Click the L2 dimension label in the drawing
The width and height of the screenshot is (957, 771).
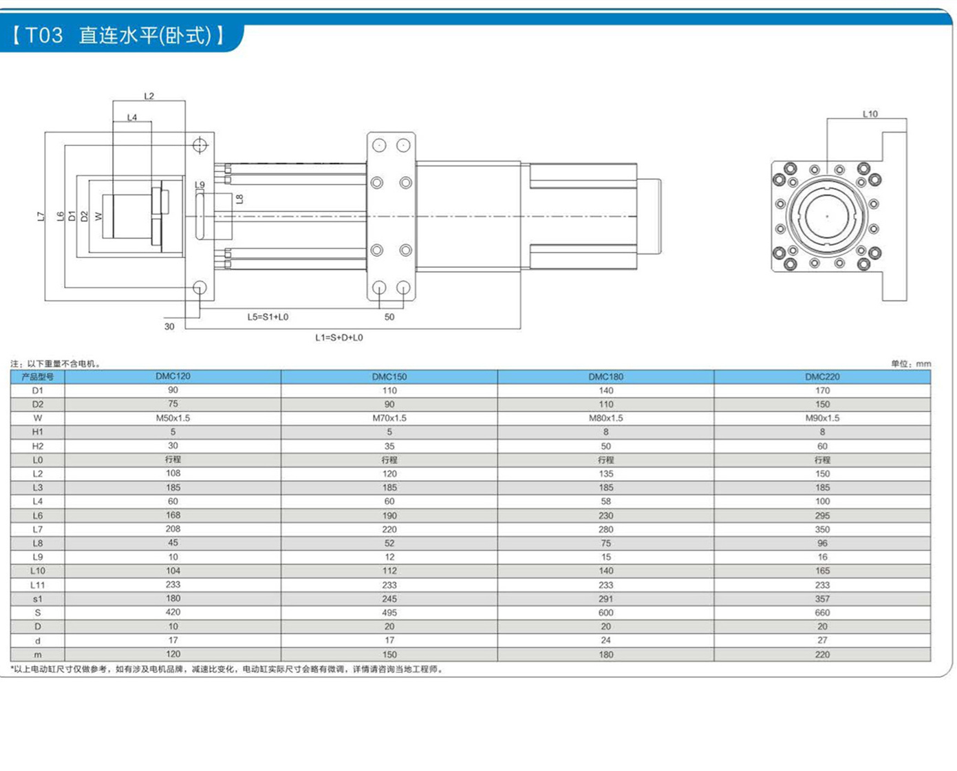(x=149, y=96)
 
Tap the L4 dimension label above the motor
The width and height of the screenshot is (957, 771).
(x=132, y=118)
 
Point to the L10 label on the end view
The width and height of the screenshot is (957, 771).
(x=870, y=113)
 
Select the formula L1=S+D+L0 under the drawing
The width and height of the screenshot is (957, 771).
(x=339, y=338)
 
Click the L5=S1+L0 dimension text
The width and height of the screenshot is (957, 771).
(x=268, y=317)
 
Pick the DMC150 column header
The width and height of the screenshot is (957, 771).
(x=389, y=377)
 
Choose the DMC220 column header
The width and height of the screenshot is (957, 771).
(x=822, y=377)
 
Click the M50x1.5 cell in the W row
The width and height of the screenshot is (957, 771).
(x=173, y=418)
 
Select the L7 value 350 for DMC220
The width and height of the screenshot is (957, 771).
(x=822, y=530)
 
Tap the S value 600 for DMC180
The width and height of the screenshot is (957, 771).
(x=605, y=613)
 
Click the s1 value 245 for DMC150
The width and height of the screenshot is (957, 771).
(x=389, y=599)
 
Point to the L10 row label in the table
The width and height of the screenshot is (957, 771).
(x=38, y=571)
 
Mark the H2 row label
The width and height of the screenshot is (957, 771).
(x=38, y=446)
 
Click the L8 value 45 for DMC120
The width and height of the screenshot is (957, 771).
(x=173, y=543)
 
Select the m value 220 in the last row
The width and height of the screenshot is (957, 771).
(x=822, y=655)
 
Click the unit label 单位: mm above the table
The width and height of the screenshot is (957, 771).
(x=911, y=364)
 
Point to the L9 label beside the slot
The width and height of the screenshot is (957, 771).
(x=200, y=185)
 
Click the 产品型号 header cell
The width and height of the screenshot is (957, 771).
(x=38, y=377)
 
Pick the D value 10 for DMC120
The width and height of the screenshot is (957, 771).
(x=173, y=627)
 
